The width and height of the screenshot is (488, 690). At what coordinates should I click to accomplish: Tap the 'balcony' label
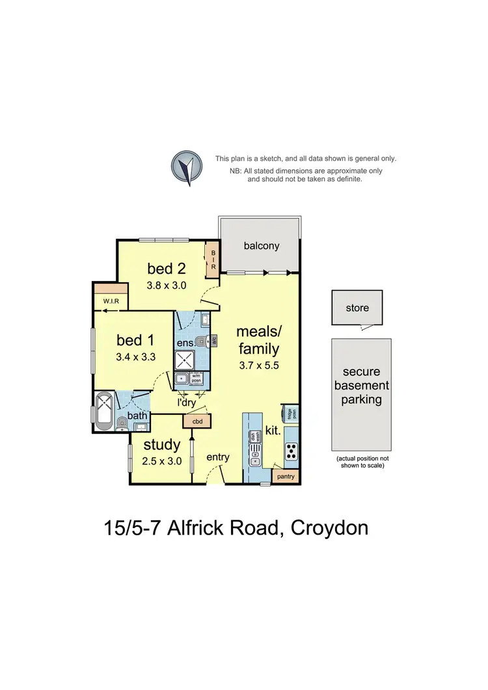point(262,245)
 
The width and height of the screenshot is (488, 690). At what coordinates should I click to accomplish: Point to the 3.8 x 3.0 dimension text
point(166,284)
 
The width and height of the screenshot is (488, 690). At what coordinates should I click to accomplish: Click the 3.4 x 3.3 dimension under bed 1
point(136,356)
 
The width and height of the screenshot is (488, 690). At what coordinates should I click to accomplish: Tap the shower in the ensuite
point(185,360)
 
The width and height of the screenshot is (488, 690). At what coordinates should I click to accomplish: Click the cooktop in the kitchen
point(291,449)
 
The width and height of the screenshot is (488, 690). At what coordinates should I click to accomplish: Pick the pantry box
point(285,477)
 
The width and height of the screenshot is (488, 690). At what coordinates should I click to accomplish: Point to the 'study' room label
point(161,445)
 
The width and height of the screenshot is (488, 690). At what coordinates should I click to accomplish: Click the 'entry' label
point(218,458)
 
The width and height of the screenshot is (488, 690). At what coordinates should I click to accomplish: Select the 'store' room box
point(357,308)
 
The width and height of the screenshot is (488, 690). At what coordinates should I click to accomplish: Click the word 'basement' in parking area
point(362,386)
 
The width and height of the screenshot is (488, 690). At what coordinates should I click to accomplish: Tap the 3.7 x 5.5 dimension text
point(258,365)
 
